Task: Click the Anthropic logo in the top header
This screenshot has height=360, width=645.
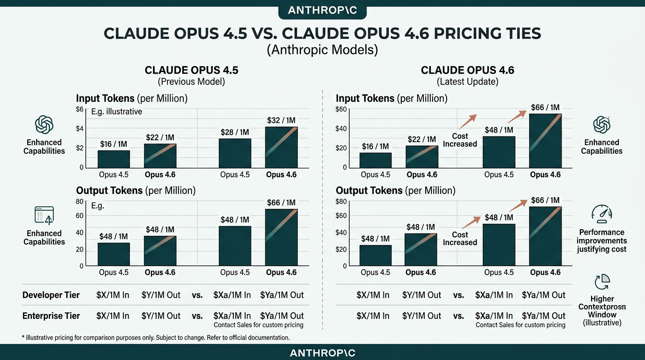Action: point(322,10)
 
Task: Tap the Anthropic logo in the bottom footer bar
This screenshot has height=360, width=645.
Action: point(322,352)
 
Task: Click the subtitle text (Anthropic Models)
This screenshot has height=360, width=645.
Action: point(322,49)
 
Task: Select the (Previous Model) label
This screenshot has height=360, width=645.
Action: point(191,82)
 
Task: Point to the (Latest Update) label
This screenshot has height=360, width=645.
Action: point(467,82)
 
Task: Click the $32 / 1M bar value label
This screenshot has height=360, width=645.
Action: point(281,120)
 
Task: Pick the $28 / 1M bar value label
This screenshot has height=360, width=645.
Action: point(235,132)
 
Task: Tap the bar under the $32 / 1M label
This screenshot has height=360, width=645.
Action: point(281,147)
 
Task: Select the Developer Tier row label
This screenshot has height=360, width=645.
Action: point(51,295)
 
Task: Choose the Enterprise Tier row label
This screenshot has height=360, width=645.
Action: point(51,315)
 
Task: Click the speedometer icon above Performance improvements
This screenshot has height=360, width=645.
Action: point(602,214)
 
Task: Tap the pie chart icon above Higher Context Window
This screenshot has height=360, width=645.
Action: point(602,282)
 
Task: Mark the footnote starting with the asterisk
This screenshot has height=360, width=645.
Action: point(156,337)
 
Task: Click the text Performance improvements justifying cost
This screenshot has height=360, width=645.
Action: point(602,240)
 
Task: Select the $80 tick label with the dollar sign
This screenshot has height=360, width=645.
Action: point(341,202)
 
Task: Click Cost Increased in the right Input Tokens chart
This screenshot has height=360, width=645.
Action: point(460,140)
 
